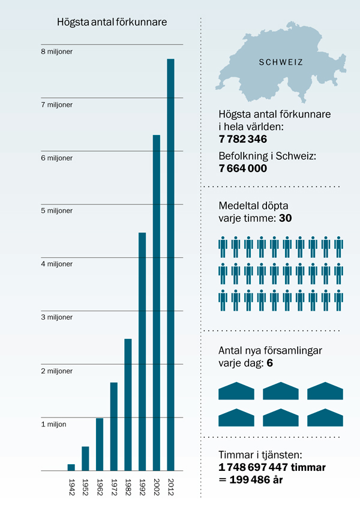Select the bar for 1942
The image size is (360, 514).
71,467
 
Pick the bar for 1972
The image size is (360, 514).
113,426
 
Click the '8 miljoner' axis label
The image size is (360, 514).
56,52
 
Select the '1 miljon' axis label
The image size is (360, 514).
53,424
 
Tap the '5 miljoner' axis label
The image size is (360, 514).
56,211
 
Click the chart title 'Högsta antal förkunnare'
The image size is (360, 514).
112,22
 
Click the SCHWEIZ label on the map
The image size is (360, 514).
281,62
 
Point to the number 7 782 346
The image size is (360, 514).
243,139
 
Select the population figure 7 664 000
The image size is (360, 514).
243,169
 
